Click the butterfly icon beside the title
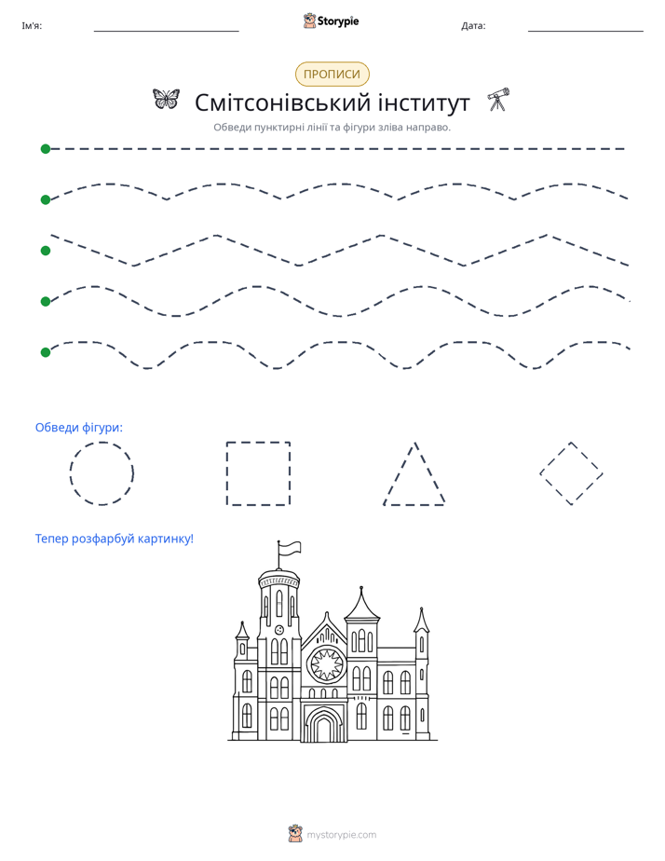(x=166, y=100)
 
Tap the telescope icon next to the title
(x=498, y=100)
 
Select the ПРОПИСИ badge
(x=332, y=75)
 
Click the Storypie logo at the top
(x=331, y=21)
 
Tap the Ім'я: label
(x=32, y=26)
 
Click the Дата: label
(x=473, y=26)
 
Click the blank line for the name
(x=166, y=32)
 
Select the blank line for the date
(x=586, y=32)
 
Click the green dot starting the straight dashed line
(x=46, y=149)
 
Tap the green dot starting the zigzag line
(x=46, y=251)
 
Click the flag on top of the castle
(x=290, y=548)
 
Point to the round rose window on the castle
(x=327, y=664)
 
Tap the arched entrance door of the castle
(x=324, y=725)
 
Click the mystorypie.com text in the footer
(x=341, y=835)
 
